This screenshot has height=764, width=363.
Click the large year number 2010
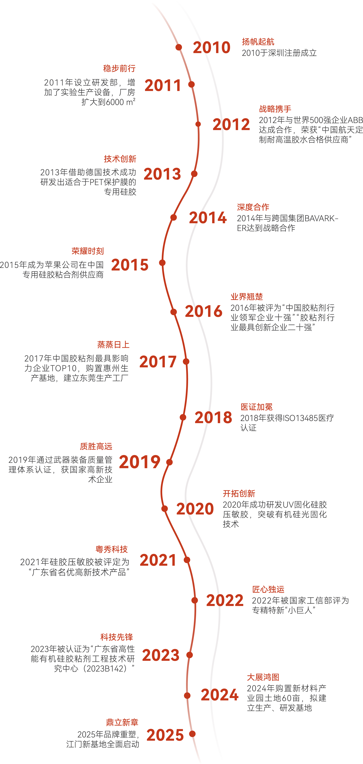(212, 47)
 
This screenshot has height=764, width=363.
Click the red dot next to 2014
(174, 217)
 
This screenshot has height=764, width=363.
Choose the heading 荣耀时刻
(88, 251)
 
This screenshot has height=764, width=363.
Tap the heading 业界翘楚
(247, 297)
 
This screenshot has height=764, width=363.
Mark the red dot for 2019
(169, 462)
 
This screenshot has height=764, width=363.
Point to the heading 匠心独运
(268, 589)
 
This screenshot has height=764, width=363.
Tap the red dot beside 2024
(187, 695)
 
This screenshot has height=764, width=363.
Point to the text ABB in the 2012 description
(355, 120)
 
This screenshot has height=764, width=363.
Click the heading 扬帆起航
(258, 42)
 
